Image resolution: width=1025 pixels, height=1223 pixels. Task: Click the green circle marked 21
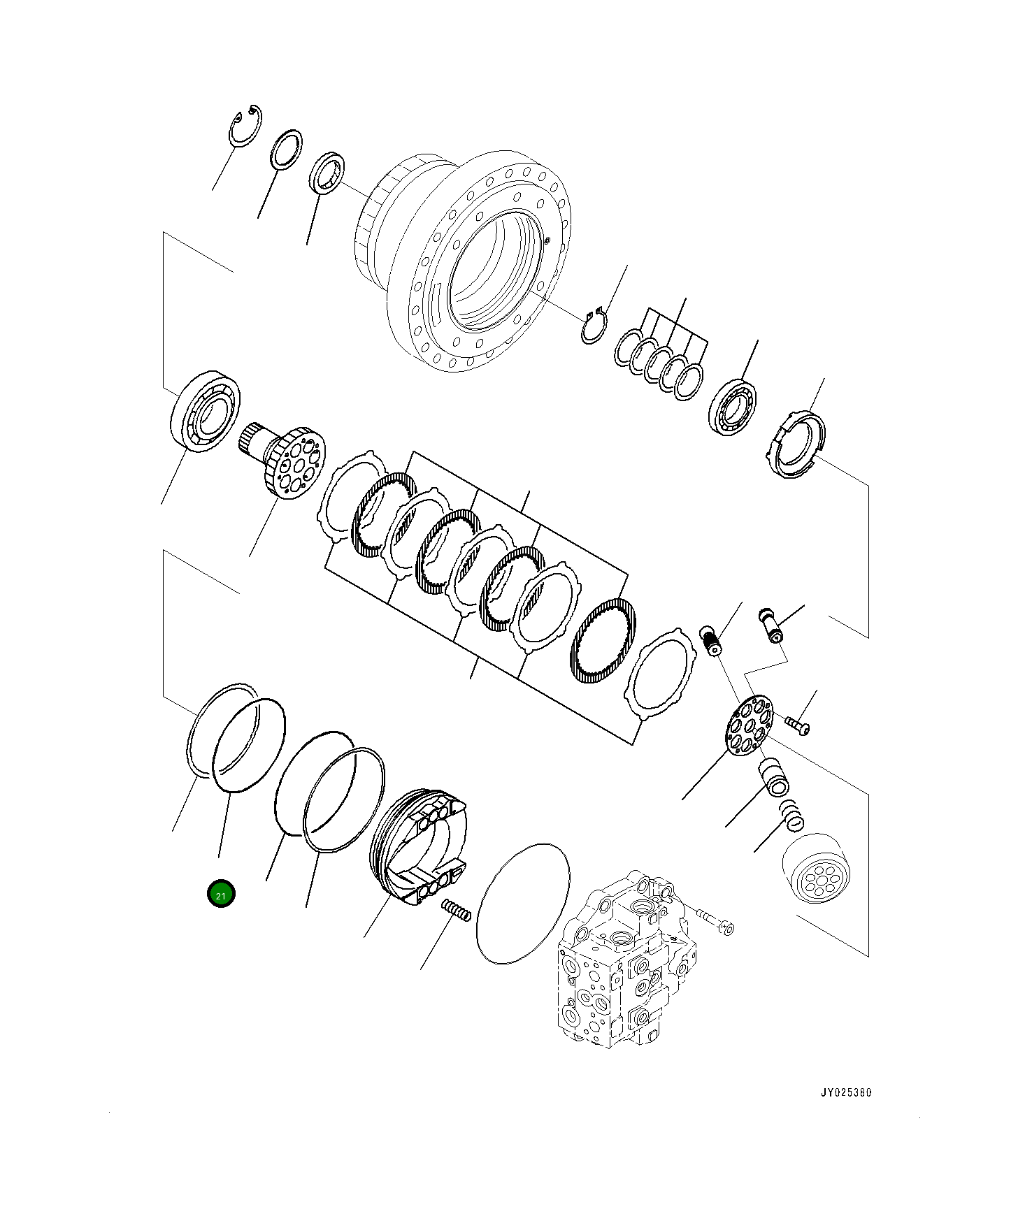pos(221,895)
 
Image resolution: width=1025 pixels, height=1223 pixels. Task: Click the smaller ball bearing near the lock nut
pos(733,406)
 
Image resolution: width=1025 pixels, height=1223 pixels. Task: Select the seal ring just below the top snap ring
pos(286,149)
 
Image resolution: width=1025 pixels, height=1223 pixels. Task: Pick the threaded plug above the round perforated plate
pos(711,640)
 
